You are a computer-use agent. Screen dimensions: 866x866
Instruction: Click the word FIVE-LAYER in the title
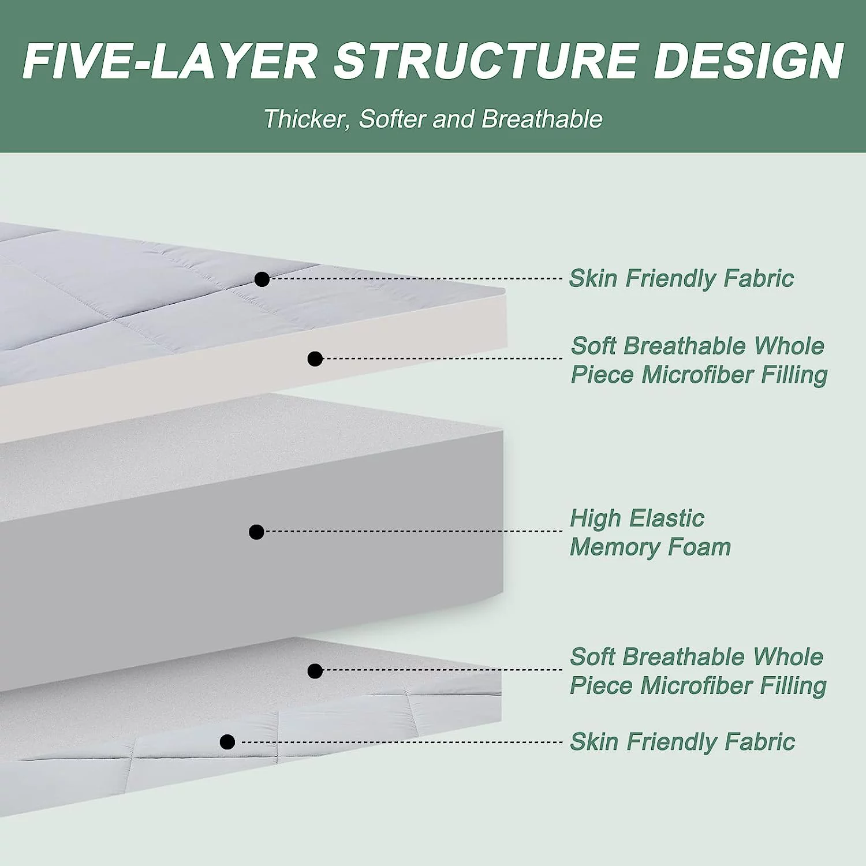click(170, 61)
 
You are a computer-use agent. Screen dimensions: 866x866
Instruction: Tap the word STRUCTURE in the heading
click(486, 61)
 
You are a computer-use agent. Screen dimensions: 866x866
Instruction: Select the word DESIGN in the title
click(749, 61)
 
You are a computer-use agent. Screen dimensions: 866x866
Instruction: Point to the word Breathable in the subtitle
click(542, 120)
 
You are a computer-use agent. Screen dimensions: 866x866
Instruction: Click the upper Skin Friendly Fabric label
click(681, 278)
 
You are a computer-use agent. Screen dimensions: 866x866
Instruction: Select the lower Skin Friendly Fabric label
click(682, 742)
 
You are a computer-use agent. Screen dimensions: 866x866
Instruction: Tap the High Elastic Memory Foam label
click(650, 533)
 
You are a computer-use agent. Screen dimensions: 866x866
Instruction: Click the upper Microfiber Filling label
click(699, 360)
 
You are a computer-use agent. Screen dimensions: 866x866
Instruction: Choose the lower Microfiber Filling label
click(697, 671)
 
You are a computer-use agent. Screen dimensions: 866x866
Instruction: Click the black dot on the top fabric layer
click(262, 279)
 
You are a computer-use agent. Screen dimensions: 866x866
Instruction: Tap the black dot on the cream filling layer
click(315, 359)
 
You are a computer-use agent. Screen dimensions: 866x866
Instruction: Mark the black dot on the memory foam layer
click(256, 532)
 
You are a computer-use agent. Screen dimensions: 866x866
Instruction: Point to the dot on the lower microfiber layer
click(315, 671)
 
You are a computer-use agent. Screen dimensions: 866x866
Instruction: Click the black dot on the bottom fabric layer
click(227, 742)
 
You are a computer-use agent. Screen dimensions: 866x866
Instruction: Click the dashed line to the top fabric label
click(416, 278)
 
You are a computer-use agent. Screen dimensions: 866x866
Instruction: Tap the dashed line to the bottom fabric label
click(398, 742)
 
